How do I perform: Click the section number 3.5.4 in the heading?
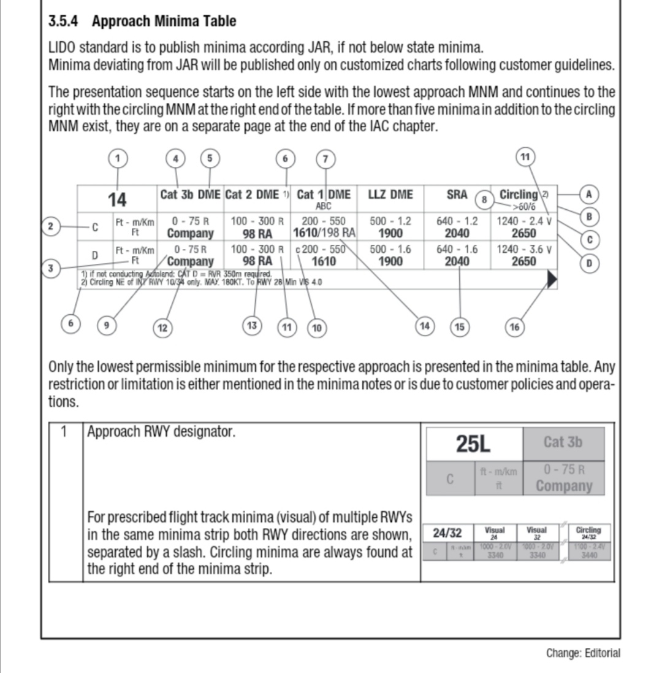click(x=67, y=21)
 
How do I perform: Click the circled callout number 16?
click(x=514, y=326)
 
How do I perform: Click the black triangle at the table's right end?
click(x=552, y=280)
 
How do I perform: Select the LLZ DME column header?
click(x=390, y=194)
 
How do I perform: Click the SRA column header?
click(x=457, y=194)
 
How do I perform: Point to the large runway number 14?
click(x=117, y=199)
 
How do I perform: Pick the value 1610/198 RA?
click(x=324, y=233)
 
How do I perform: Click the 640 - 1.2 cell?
click(x=457, y=221)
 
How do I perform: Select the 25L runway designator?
click(x=473, y=442)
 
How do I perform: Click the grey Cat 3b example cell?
click(x=563, y=442)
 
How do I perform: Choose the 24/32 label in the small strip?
click(x=447, y=531)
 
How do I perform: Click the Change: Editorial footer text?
click(x=583, y=653)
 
